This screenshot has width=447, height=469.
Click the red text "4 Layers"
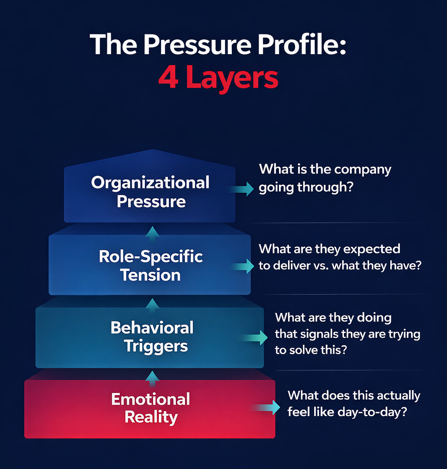(218, 78)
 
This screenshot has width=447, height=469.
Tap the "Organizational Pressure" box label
(151, 192)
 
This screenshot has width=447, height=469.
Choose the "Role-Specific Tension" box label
(151, 265)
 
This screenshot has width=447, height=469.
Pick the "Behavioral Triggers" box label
(151, 337)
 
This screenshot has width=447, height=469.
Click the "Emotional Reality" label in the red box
(151, 408)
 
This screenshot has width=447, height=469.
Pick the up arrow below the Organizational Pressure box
(152, 232)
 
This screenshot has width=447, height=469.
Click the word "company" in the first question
(364, 170)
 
